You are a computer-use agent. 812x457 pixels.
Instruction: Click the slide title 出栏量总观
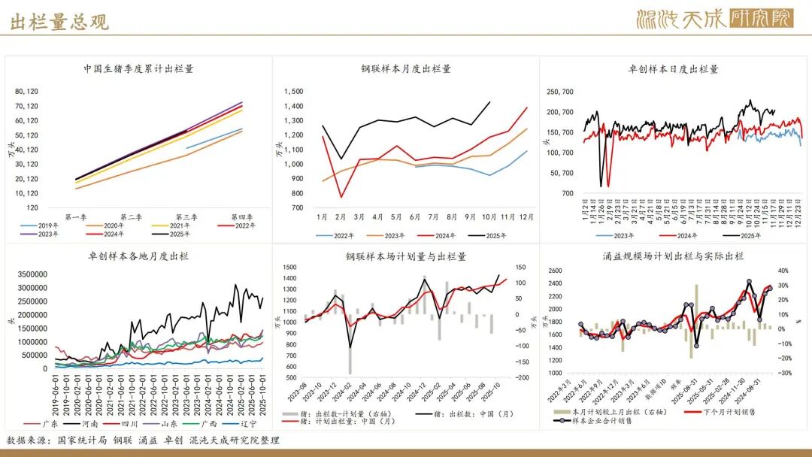click(59, 21)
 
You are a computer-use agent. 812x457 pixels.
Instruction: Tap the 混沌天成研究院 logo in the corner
click(714, 19)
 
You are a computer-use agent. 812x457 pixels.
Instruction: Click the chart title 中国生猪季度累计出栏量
click(138, 68)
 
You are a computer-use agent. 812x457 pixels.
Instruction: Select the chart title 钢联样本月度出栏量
click(406, 68)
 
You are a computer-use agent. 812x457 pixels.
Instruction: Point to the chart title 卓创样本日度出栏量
click(673, 68)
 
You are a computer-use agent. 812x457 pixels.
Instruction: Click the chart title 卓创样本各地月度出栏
click(138, 256)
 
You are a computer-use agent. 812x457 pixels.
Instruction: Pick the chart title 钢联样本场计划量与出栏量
click(406, 256)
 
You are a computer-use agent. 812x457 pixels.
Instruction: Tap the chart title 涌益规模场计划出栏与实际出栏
click(673, 256)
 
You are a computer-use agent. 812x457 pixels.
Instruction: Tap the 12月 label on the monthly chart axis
click(526, 217)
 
